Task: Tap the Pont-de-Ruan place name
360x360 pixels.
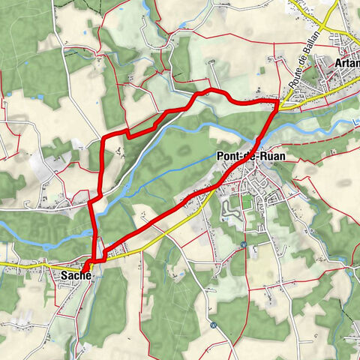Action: click(244, 157)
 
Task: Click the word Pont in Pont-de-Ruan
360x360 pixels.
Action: click(225, 157)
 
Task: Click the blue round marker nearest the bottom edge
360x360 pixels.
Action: click(213, 325)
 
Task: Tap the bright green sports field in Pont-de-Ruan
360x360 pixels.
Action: click(246, 202)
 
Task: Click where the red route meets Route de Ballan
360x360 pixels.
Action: click(278, 104)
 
